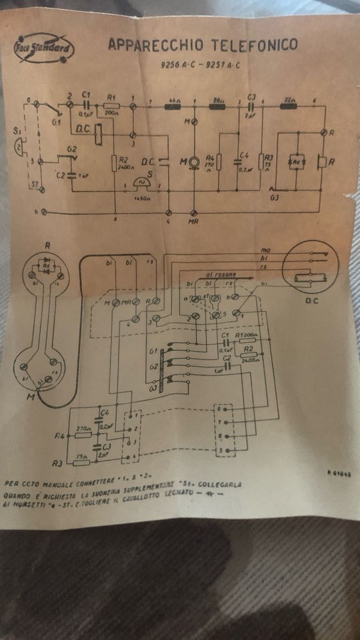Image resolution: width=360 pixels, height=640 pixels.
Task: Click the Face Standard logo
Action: coord(44,48)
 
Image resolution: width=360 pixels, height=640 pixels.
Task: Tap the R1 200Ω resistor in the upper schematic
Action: coord(111,105)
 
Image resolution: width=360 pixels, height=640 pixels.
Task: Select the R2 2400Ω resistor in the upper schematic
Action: coord(114,163)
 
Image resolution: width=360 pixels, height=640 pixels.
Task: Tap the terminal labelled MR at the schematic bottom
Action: coord(194,213)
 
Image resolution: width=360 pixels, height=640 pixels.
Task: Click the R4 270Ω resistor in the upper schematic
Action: coord(219,162)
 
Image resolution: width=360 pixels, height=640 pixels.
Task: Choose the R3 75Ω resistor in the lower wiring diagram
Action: coord(81,462)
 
